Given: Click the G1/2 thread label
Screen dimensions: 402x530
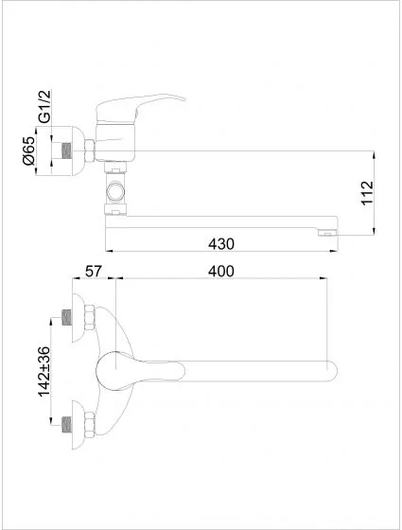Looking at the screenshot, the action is (x=44, y=106).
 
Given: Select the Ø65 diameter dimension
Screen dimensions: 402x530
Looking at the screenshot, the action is (x=28, y=150).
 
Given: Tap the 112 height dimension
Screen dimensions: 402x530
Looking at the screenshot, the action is (x=367, y=193).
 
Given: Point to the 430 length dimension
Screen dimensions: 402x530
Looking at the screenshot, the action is (x=221, y=243).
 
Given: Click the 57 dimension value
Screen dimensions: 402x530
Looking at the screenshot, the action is (x=93, y=271).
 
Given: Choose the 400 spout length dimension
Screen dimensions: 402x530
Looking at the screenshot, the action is (x=221, y=271).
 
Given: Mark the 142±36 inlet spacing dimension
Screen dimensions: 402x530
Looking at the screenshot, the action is (x=44, y=371).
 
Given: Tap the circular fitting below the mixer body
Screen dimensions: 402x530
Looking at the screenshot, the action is (x=115, y=191).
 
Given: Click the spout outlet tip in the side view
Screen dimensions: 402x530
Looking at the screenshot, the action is (x=328, y=232).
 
